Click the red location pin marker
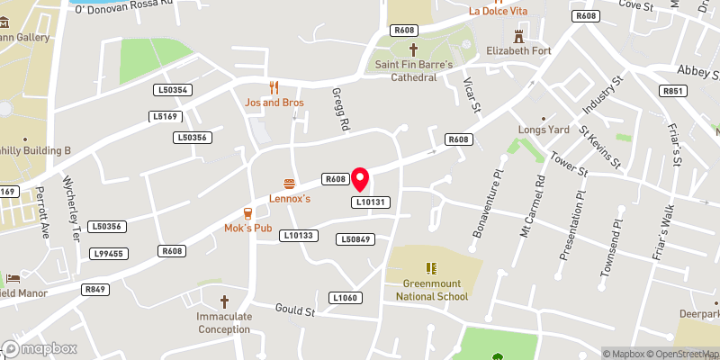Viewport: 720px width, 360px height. tap(360, 179)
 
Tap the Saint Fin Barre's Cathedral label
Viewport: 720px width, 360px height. tap(414, 70)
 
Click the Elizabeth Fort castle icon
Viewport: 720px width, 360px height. tap(518, 36)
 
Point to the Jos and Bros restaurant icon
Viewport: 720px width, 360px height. tap(274, 87)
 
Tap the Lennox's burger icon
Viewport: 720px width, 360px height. tap(289, 183)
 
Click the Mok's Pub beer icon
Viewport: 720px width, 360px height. tap(247, 213)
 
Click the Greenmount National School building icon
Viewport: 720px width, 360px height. tap(432, 267)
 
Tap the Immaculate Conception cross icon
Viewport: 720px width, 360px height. tap(224, 301)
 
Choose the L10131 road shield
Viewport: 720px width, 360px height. tap(371, 202)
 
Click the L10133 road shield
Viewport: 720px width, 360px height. tap(298, 235)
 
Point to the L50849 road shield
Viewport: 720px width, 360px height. tap(355, 239)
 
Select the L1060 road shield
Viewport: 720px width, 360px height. tap(345, 298)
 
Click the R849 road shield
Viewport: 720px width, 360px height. tap(94, 289)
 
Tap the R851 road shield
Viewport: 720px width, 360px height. tap(672, 91)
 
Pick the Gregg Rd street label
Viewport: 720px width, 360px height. tap(340, 111)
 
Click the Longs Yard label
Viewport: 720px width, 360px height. tap(544, 130)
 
